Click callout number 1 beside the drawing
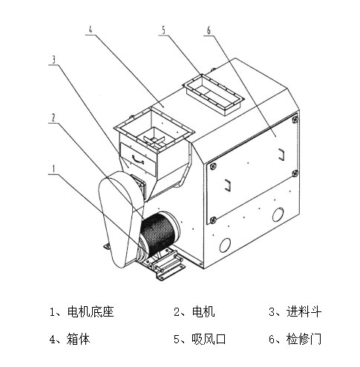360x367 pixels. [x=53, y=169]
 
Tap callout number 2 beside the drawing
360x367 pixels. [x=53, y=118]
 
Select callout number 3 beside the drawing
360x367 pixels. [x=53, y=59]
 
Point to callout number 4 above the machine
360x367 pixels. [x=91, y=30]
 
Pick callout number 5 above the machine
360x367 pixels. [x=163, y=30]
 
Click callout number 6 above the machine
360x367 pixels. [x=209, y=30]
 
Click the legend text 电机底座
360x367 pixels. [x=91, y=312]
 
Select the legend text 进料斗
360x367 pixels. [x=304, y=312]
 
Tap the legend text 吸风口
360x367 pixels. [x=209, y=339]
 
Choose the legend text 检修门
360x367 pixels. [x=304, y=339]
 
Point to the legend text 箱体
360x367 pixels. [x=78, y=339]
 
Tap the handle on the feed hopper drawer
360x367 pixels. [x=138, y=159]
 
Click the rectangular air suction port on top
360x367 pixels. [x=213, y=95]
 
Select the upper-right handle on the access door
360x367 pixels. [x=281, y=154]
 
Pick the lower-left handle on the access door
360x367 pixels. [x=228, y=185]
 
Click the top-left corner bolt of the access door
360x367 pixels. [x=213, y=166]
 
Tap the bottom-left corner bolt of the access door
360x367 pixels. [x=212, y=219]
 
